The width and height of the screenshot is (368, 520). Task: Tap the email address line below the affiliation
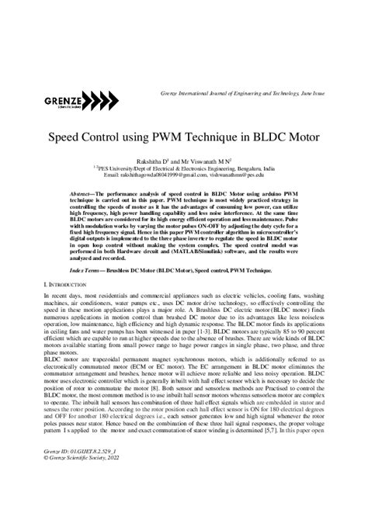(x=183, y=177)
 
